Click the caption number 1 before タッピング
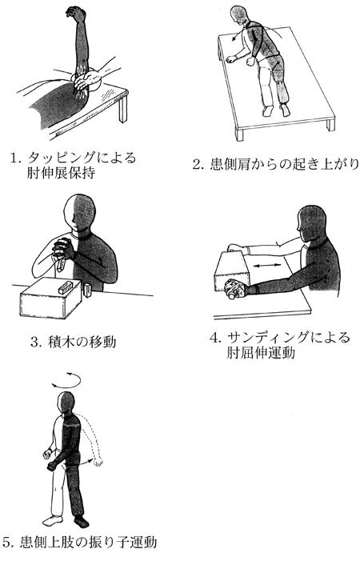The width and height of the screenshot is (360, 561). tap(14, 158)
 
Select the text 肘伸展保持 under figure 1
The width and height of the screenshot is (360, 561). tap(61, 173)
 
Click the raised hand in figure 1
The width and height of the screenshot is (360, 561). tap(75, 13)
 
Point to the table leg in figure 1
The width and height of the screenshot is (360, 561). tap(122, 108)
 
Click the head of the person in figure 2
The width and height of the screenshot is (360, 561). tap(239, 15)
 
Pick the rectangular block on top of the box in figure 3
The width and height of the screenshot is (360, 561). tap(66, 287)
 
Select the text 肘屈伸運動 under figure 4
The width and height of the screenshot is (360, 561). tap(261, 353)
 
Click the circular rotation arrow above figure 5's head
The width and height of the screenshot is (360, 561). tap(66, 380)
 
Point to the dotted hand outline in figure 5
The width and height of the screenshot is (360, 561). tap(98, 461)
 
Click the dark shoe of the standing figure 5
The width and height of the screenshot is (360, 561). tap(82, 522)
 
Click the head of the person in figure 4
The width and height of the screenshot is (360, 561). tap(313, 222)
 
